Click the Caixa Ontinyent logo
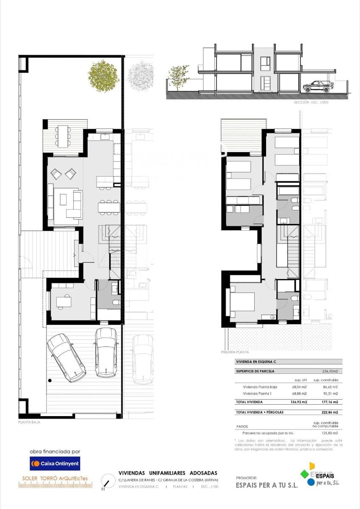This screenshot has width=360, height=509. [x=55, y=464]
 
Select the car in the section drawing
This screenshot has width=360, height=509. [x=318, y=86]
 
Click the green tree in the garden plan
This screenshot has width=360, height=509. [x=103, y=76]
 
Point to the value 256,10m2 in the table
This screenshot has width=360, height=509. [x=329, y=371]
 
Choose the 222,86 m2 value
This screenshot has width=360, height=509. [x=329, y=412]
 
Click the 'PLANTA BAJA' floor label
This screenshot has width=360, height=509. [x=29, y=422]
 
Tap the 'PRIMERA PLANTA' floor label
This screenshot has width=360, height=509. [x=235, y=352]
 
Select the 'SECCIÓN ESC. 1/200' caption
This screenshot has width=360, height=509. [x=312, y=103]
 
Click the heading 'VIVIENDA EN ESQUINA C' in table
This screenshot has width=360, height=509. [x=256, y=362]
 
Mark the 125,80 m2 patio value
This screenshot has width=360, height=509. [x=329, y=433]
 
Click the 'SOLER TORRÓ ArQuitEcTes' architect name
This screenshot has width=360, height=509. [x=55, y=478]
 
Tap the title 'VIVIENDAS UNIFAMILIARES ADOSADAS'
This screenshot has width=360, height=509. [x=168, y=473]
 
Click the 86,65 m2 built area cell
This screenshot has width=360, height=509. [x=329, y=387]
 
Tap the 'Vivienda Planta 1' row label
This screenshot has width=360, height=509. [x=256, y=394]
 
